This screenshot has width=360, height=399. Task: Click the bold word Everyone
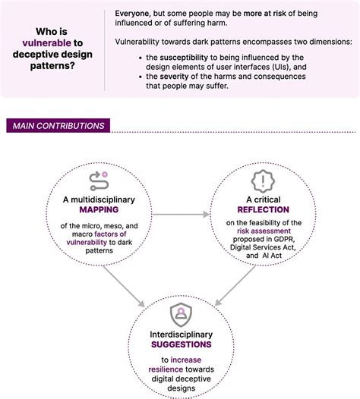136,14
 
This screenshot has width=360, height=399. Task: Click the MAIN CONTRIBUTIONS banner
57,126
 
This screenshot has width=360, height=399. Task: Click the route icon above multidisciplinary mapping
98,179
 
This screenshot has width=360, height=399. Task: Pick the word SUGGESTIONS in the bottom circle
180,344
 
